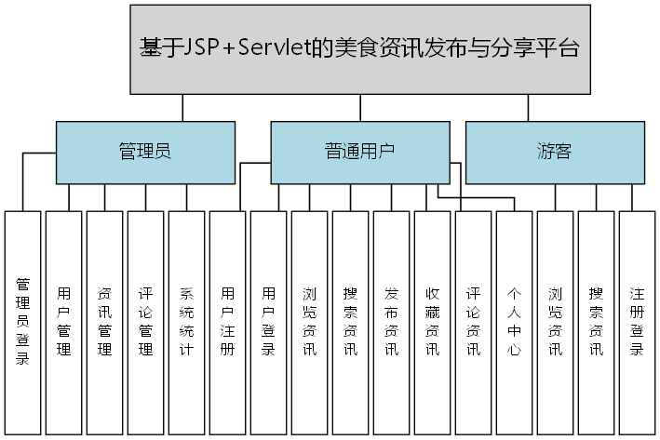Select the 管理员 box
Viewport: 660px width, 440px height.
pyautogui.click(x=144, y=152)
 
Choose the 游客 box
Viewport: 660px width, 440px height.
pyautogui.click(x=554, y=152)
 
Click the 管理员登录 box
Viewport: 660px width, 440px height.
pyautogui.click(x=23, y=321)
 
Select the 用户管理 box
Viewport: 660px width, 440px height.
pyautogui.click(x=64, y=321)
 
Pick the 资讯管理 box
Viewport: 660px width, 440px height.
pyautogui.click(x=105, y=321)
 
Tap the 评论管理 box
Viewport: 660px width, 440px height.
pyautogui.click(x=146, y=321)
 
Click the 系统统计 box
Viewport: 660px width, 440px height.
pyautogui.click(x=187, y=321)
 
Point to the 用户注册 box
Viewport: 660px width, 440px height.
pyautogui.click(x=228, y=321)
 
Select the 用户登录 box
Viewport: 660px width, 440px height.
pyautogui.click(x=269, y=321)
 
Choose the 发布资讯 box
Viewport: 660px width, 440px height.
pyautogui.click(x=392, y=321)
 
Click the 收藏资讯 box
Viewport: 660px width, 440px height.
pyautogui.click(x=433, y=321)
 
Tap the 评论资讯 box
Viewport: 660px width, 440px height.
pyautogui.click(x=474, y=321)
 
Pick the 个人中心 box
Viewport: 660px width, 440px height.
pyautogui.click(x=515, y=321)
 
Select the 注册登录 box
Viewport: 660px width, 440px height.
pyautogui.click(x=638, y=321)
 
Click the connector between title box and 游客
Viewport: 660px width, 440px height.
pyautogui.click(x=527, y=108)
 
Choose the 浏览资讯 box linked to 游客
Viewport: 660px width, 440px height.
pyautogui.click(x=556, y=321)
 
